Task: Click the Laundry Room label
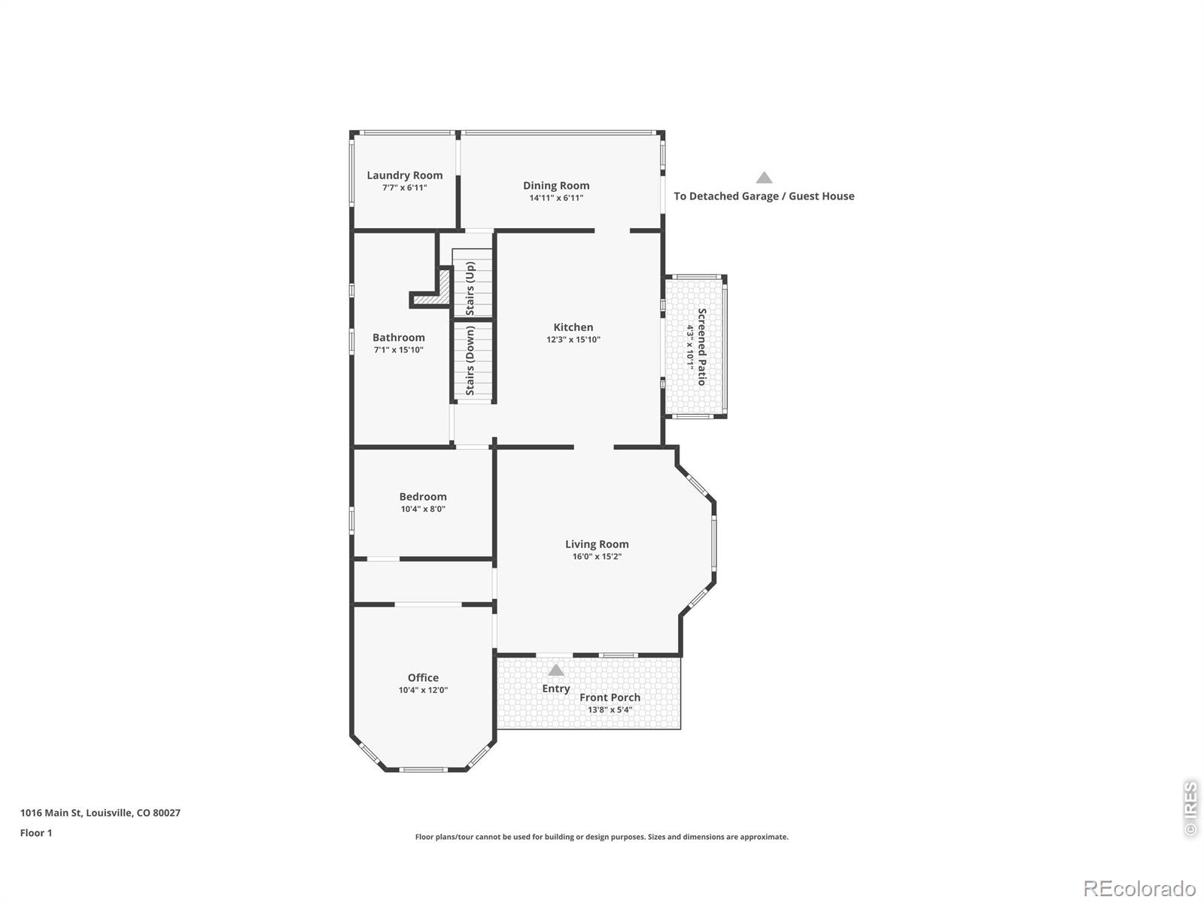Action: [x=404, y=175]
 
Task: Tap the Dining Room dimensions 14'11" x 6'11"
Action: [x=555, y=198]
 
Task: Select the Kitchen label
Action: [x=573, y=327]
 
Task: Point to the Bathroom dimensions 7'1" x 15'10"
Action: [x=398, y=350]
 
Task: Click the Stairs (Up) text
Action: [x=470, y=288]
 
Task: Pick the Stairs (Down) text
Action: [x=470, y=360]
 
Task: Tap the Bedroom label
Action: [x=423, y=496]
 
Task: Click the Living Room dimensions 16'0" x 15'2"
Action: [x=597, y=557]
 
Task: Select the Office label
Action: [x=423, y=678]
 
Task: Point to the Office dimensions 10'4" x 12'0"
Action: [x=423, y=690]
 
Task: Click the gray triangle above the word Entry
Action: [x=555, y=670]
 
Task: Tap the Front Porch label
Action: [x=610, y=698]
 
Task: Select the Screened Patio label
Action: [x=701, y=346]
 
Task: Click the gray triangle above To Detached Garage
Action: [x=764, y=177]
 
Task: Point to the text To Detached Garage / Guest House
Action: [x=764, y=196]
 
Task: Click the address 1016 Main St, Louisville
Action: [x=100, y=813]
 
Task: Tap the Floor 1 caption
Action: [x=36, y=833]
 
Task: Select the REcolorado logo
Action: [x=1139, y=888]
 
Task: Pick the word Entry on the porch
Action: [x=555, y=689]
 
